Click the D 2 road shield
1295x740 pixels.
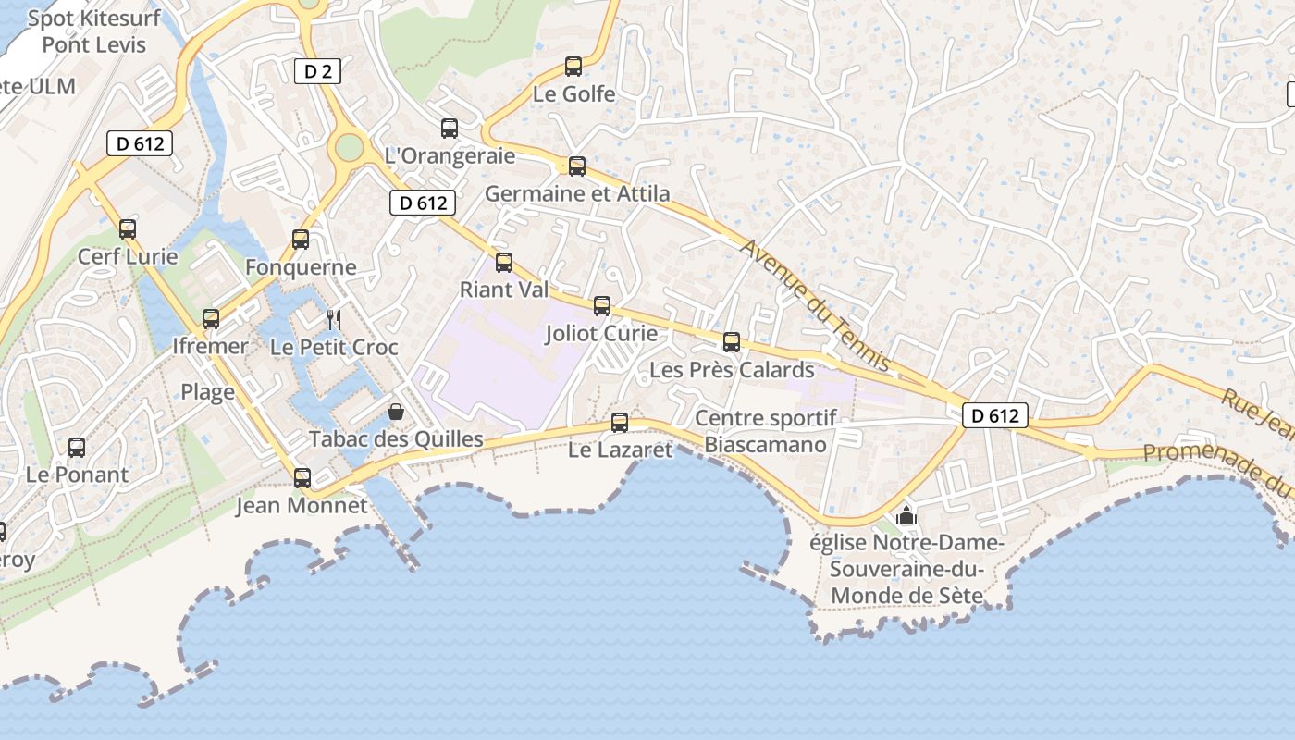coord(317,71)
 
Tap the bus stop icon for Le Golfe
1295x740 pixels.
coord(573,67)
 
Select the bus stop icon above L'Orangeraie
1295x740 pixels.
coord(450,129)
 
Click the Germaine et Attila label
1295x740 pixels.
coord(577,193)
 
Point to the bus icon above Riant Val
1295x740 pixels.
coord(504,263)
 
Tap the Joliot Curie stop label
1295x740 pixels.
coord(601,333)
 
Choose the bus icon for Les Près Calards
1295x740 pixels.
coord(732,342)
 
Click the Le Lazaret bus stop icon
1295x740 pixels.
coord(620,423)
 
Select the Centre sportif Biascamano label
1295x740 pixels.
coord(766,431)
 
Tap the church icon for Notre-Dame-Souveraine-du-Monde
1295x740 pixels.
coord(906,515)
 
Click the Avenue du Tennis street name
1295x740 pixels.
coord(815,305)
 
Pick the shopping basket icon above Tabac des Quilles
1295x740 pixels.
coord(396,412)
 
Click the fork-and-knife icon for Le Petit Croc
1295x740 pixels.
coord(334,320)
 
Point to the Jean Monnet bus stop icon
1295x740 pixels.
coord(302,478)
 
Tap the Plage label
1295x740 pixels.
coord(207,392)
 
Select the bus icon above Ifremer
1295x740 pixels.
coord(211,319)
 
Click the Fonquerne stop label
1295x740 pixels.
coord(301,267)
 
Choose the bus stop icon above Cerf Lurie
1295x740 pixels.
coord(128,228)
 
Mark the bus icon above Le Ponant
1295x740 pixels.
coord(77,448)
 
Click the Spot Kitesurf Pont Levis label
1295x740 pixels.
coord(94,31)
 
